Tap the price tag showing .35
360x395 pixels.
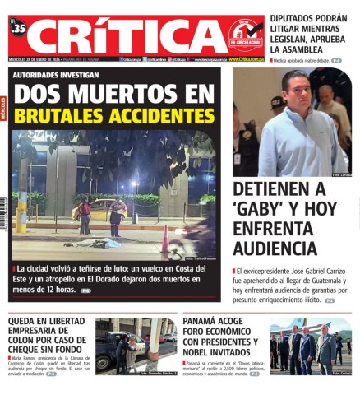click(19, 29)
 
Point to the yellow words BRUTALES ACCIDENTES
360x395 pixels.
click(114, 114)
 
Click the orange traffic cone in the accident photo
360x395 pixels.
click(165, 240)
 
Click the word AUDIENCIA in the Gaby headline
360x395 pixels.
click(275, 248)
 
